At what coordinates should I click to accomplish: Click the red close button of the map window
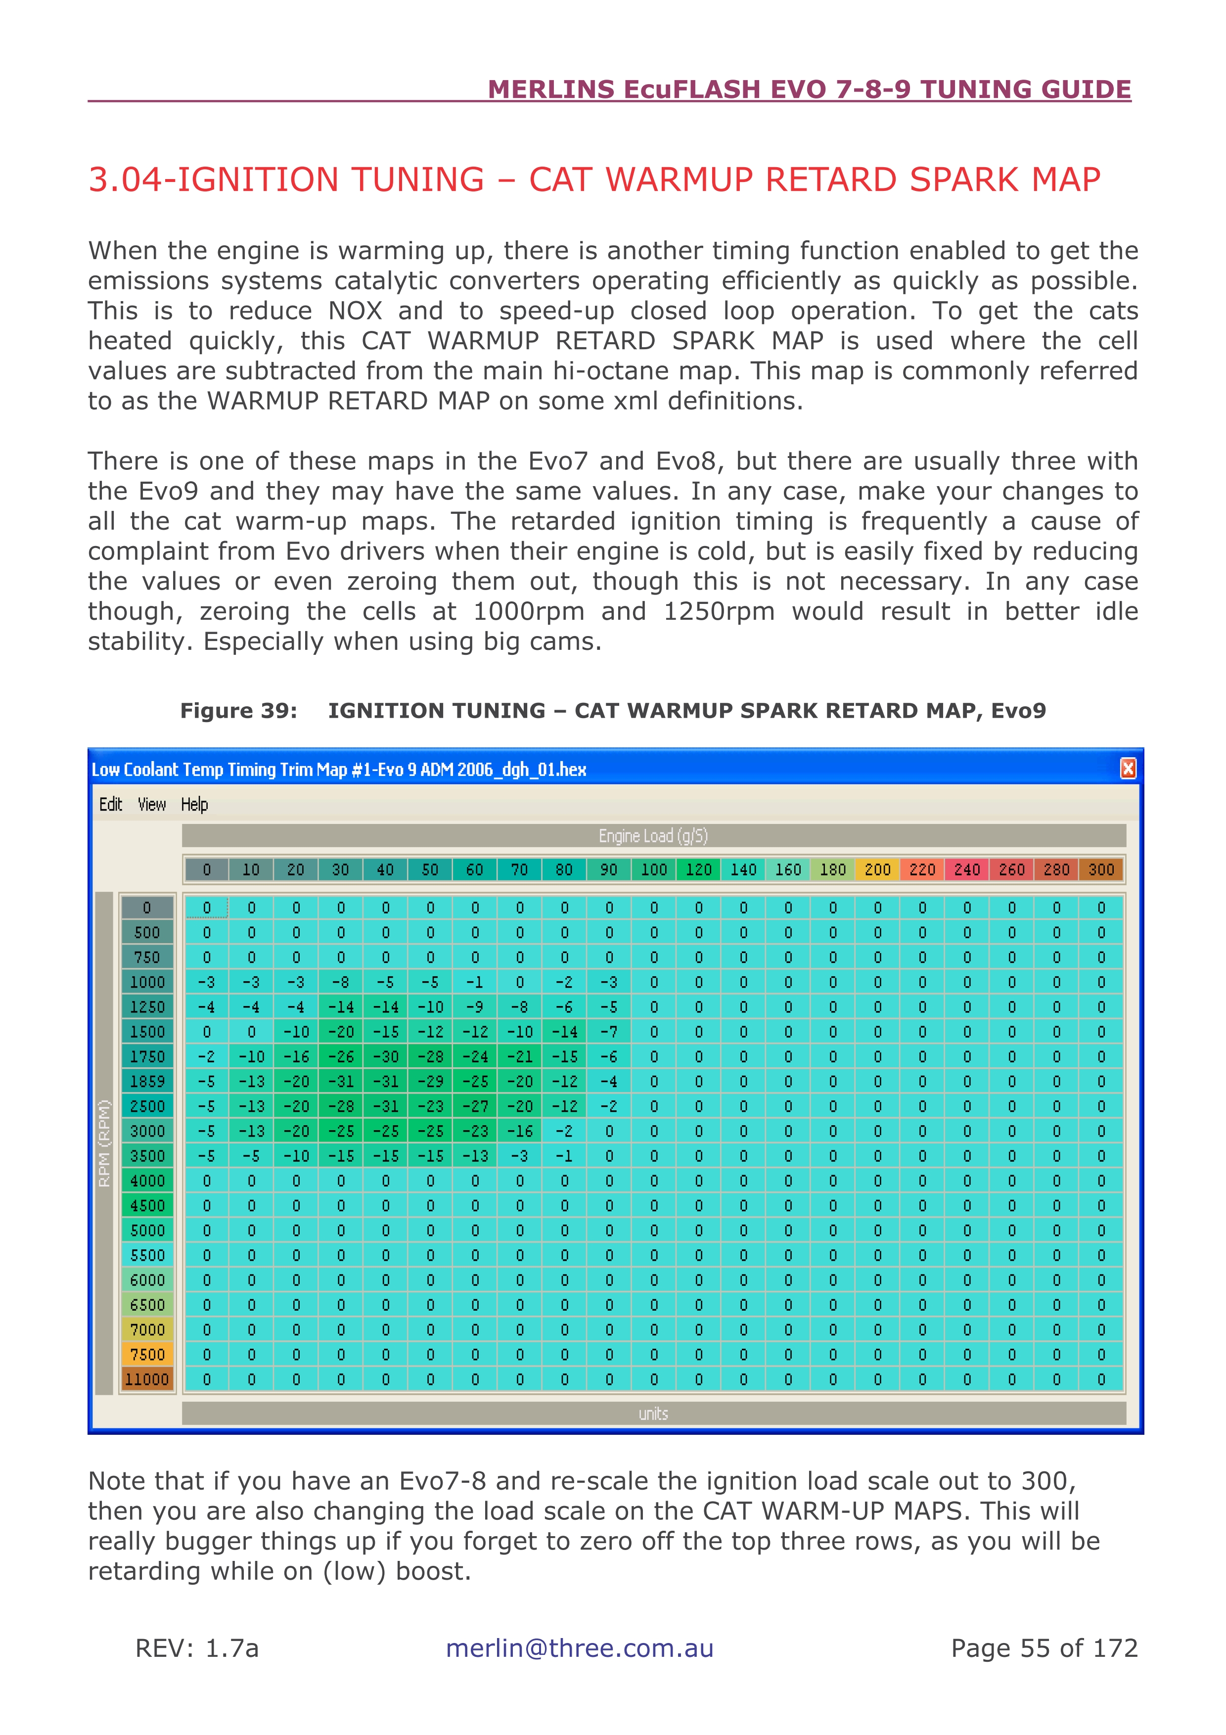click(1128, 769)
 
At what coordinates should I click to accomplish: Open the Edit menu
click(110, 804)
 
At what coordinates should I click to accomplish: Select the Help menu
click(194, 804)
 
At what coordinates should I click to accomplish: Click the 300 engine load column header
click(1100, 870)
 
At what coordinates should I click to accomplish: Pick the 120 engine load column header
click(699, 870)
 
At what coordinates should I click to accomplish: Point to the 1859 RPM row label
click(147, 1081)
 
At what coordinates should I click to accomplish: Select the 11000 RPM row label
click(147, 1379)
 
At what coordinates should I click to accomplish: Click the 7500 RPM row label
click(147, 1354)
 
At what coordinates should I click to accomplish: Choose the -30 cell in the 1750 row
click(385, 1056)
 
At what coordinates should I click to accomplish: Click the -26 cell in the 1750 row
click(341, 1056)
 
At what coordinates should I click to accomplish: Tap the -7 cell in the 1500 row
click(609, 1032)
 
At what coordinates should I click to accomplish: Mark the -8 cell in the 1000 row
click(341, 982)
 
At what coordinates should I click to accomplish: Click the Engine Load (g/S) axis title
click(653, 836)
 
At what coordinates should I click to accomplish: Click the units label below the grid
click(653, 1413)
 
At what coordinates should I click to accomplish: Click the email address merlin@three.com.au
click(580, 1647)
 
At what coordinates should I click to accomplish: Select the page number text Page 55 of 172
click(1044, 1647)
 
